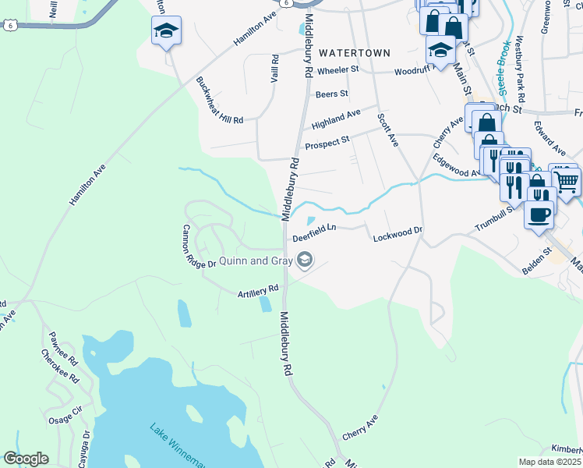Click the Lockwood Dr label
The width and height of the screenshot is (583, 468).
(397, 231)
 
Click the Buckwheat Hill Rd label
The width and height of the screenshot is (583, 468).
(220, 99)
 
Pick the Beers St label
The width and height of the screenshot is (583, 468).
(331, 94)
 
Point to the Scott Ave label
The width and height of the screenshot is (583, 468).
(387, 129)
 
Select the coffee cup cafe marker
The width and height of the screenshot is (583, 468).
(538, 213)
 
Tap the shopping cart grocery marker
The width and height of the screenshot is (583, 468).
(566, 181)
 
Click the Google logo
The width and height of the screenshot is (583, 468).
(26, 459)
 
